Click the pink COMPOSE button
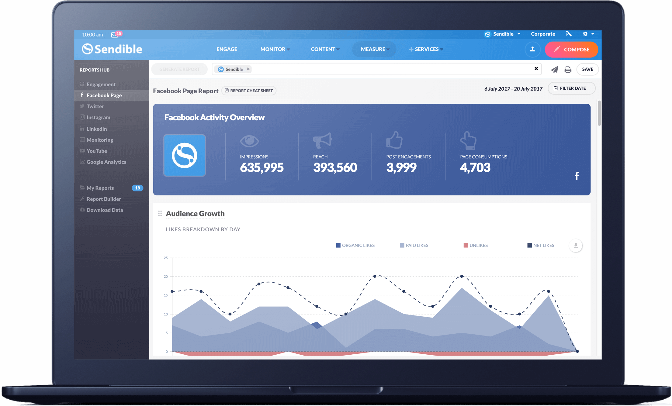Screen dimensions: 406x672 pos(571,50)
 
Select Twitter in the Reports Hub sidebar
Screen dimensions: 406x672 pos(95,106)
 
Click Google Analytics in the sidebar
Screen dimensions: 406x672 pos(106,162)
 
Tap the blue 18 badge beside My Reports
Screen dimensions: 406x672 pos(137,188)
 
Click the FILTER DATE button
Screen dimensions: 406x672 pos(571,88)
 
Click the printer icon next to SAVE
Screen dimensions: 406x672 pos(568,70)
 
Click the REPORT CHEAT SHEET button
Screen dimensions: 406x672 pos(249,91)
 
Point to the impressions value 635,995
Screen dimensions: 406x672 pos(262,167)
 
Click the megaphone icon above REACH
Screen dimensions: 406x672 pos(322,141)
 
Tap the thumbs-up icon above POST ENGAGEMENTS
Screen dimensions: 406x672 pos(394,140)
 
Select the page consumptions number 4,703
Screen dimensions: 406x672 pos(475,167)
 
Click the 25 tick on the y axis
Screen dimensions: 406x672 pos(166,258)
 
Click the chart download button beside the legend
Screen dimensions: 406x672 pos(576,246)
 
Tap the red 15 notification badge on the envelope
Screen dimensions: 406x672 pos(119,33)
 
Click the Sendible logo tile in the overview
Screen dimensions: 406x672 pos(185,156)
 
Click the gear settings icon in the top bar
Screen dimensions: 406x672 pos(585,34)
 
